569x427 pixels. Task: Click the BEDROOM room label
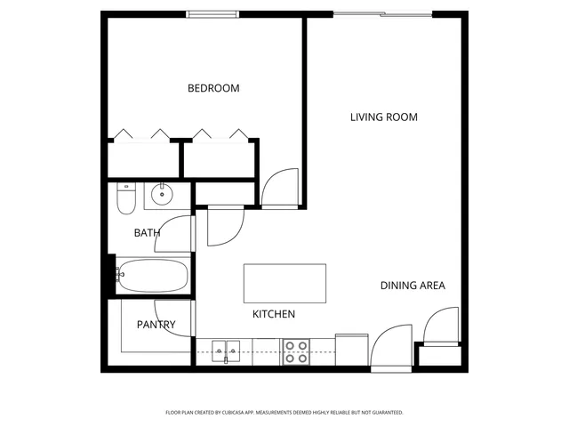click(x=213, y=88)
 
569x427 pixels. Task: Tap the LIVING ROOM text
click(x=383, y=117)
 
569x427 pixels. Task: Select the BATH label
click(x=147, y=233)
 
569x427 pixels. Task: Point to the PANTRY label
click(x=156, y=325)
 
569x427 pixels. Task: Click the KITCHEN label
click(x=273, y=314)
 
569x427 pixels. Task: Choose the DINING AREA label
click(x=413, y=286)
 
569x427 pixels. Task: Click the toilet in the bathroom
click(x=125, y=199)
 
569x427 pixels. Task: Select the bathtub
click(x=152, y=276)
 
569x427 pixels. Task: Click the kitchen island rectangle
click(x=284, y=284)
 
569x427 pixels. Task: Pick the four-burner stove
click(x=296, y=352)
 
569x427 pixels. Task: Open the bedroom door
click(x=281, y=189)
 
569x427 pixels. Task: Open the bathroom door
click(x=181, y=234)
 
